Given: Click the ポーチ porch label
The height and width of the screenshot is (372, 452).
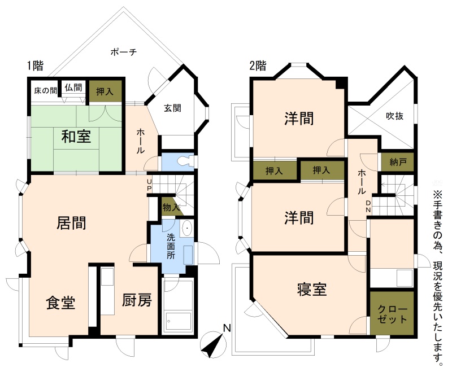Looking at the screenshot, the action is [123, 52].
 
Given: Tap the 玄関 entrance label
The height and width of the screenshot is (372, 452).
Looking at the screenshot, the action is [173, 108].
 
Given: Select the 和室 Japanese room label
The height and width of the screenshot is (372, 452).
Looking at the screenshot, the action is [76, 136].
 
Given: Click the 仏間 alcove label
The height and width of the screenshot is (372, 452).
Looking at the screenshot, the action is [73, 87].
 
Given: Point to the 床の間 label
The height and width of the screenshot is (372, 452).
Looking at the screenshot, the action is [46, 91].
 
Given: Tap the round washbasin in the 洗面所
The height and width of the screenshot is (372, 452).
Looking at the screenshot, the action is [188, 228].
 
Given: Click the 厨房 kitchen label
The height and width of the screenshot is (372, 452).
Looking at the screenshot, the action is [137, 300].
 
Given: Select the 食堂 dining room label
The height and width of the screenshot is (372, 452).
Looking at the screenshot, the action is [60, 303].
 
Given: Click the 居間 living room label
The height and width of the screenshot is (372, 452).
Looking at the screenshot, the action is [71, 223].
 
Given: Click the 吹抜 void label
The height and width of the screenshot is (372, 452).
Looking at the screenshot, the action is [394, 116].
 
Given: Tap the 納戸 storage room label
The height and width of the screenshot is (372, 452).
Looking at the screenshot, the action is [398, 162].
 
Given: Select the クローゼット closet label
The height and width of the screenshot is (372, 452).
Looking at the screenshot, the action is [392, 314].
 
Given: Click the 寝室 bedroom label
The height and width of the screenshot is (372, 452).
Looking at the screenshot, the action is [312, 290].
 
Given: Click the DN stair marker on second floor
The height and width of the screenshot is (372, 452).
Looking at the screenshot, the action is [368, 207].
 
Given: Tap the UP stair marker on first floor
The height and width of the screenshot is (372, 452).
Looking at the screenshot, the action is [149, 185].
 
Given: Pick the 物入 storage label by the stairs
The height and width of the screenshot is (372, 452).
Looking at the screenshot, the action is [171, 207].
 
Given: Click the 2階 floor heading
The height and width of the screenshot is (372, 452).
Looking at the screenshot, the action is [258, 66].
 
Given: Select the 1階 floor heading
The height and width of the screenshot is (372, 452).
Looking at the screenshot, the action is [35, 66].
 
